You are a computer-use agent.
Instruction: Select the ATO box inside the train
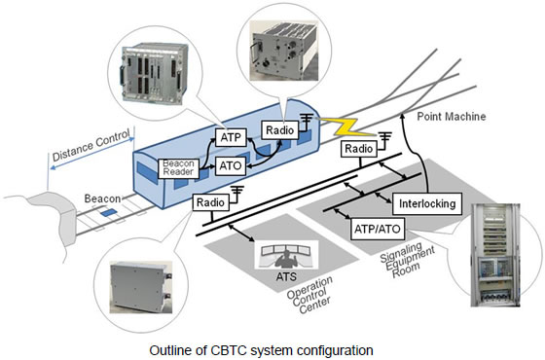pos(230,168)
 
